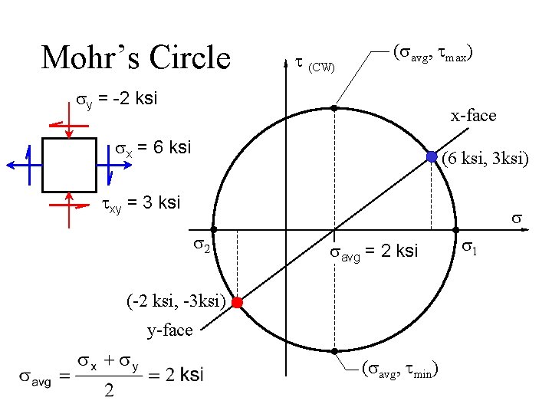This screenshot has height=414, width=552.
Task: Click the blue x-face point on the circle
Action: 432,156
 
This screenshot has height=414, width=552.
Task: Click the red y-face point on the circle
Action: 238,303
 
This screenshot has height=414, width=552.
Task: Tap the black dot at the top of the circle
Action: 334,109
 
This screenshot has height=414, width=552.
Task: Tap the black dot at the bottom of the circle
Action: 334,351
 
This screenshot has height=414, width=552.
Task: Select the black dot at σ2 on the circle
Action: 214,229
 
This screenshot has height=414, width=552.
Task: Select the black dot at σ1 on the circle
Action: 455,229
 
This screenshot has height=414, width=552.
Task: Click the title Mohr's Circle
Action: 136,58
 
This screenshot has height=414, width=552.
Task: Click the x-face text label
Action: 473,116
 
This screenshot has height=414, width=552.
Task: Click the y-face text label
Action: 169,330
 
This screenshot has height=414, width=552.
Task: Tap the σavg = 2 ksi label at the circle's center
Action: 373,251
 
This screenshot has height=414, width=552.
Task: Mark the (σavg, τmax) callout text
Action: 432,54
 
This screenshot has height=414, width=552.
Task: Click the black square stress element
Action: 69,165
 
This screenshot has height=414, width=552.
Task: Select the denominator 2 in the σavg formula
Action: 110,391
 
